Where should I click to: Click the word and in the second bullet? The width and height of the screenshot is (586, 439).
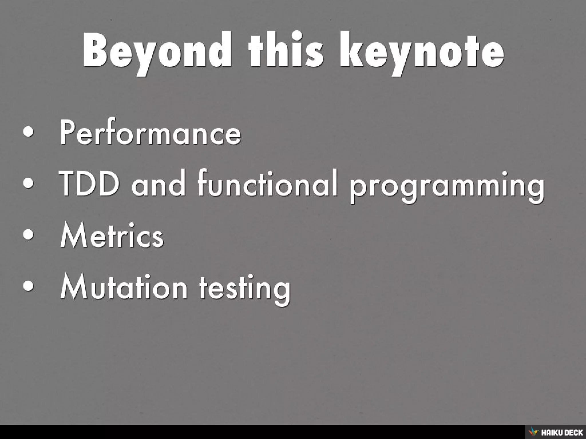(158, 185)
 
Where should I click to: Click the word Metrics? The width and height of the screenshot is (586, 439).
(112, 236)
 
